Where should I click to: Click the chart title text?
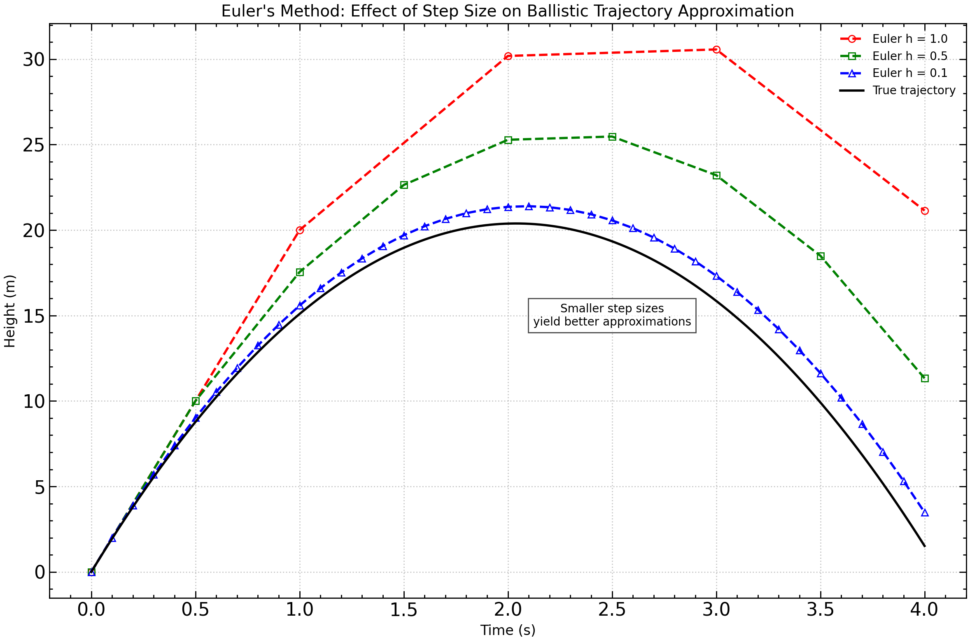point(507,11)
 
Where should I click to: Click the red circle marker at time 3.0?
point(716,50)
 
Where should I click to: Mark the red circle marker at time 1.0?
point(300,230)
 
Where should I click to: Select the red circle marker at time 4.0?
point(925,211)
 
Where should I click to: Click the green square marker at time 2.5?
point(612,137)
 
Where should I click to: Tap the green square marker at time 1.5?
point(404,185)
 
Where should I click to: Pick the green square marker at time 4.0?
point(925,379)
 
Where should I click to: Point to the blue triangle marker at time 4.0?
point(925,513)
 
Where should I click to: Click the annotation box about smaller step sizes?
point(612,315)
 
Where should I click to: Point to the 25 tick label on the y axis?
point(34,145)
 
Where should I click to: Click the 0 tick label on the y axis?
point(40,572)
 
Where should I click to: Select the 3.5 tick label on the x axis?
point(820,610)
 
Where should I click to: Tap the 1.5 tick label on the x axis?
point(403,610)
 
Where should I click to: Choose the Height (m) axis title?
point(10,311)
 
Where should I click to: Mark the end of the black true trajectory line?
point(925,547)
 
